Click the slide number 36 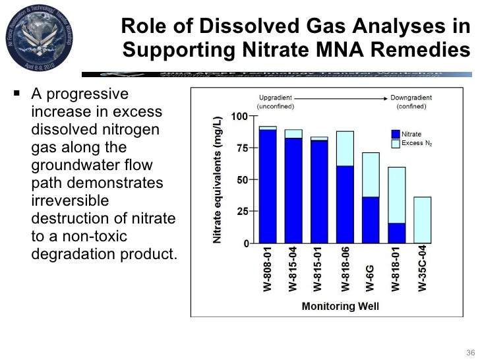[469, 349]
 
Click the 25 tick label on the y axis [242, 212]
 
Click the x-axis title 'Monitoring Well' [340, 307]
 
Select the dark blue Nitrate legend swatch [396, 134]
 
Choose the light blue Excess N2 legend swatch [396, 143]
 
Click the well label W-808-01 [268, 270]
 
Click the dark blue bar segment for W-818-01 [396, 233]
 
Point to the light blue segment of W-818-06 [345, 148]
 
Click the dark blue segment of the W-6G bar [371, 220]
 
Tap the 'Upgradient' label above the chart [275, 97]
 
